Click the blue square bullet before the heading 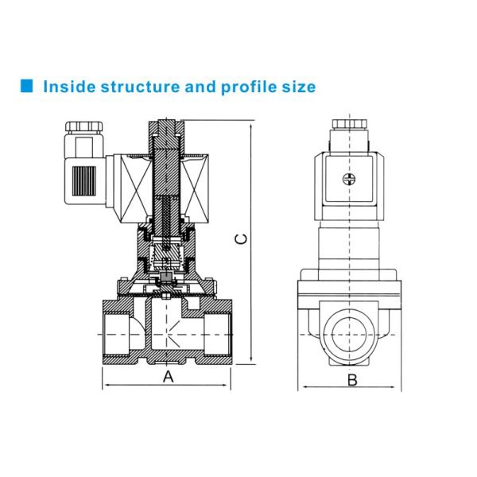click(26, 86)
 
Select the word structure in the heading click(142, 86)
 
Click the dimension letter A click(168, 378)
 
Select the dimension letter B click(352, 379)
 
